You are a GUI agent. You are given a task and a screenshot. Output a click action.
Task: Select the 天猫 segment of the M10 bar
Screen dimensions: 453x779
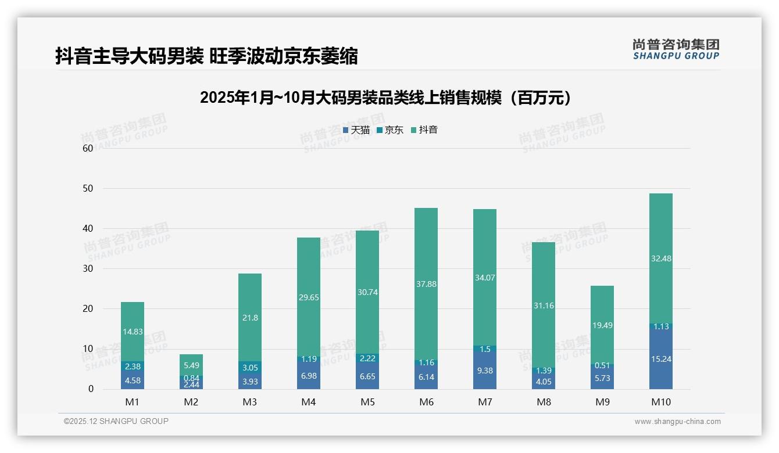point(661,358)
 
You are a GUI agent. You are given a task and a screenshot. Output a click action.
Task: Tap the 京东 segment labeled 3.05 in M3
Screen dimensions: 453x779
point(250,367)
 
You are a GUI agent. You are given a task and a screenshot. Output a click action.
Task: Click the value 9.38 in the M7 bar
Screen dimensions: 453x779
point(485,369)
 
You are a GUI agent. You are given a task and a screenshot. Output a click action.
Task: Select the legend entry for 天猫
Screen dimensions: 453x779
point(356,130)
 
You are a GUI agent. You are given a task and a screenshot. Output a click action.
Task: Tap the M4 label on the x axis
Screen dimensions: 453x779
point(309,402)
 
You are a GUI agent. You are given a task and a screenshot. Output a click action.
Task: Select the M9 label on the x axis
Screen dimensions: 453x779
point(602,402)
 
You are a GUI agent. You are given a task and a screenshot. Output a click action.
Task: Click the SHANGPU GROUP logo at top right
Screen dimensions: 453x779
point(676,49)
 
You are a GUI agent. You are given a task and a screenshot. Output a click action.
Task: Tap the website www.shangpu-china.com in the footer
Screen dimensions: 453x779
point(677,422)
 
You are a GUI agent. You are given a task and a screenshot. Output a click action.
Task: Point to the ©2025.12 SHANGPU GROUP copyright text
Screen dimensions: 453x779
point(116,421)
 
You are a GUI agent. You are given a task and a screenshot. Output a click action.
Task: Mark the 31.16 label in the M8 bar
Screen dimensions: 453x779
point(544,305)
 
